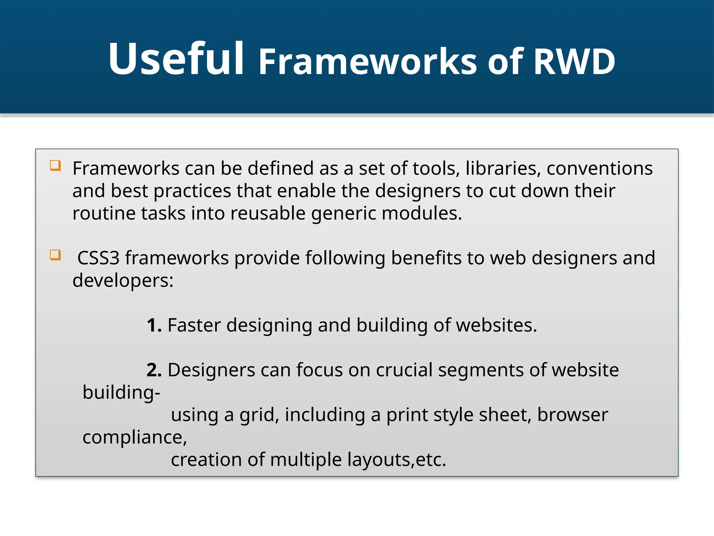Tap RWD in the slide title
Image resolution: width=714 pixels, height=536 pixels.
pos(574,62)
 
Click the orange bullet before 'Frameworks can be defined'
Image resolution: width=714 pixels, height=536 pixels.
pos(55,165)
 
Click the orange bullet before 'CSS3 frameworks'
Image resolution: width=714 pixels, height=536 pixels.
pos(55,255)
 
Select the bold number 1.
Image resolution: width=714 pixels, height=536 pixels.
pos(153,325)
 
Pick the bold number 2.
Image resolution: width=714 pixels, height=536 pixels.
pos(154,370)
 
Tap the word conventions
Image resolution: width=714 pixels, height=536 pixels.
pos(599,169)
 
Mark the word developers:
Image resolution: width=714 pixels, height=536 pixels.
pos(123,281)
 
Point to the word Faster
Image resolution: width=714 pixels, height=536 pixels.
pos(194,325)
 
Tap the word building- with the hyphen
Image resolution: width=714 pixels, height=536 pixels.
pos(121,393)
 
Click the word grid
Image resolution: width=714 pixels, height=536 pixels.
pos(259,415)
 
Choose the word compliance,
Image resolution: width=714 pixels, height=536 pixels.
pos(135,437)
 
